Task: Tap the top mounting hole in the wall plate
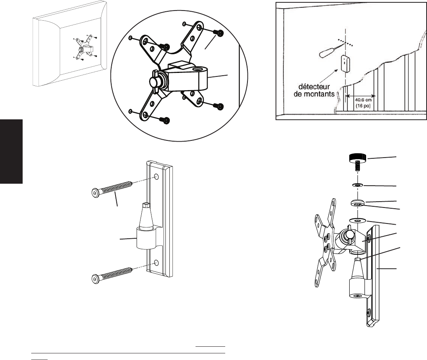[156, 177]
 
